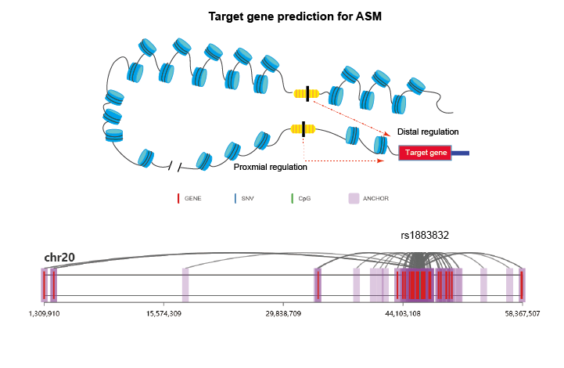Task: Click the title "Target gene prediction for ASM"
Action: coord(295,16)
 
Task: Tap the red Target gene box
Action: coord(426,153)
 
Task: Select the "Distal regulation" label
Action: coord(428,132)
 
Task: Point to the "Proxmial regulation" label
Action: coord(271,167)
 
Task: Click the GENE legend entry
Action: coord(189,198)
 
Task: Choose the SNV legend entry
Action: coord(244,198)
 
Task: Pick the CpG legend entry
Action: coord(301,198)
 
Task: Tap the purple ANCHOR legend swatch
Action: coord(354,198)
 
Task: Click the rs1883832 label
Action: coord(425,235)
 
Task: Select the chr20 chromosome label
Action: coord(59,258)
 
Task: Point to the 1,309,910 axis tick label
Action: coord(45,314)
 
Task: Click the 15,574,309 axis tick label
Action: coord(163,314)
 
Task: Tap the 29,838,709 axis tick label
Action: coord(283,314)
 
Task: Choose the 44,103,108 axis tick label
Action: coord(403,314)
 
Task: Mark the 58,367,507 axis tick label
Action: coord(523,314)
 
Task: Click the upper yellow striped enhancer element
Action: coord(307,94)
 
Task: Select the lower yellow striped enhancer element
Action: coord(304,129)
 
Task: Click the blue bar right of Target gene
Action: coord(461,153)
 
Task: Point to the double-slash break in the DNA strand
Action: coord(174,166)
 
